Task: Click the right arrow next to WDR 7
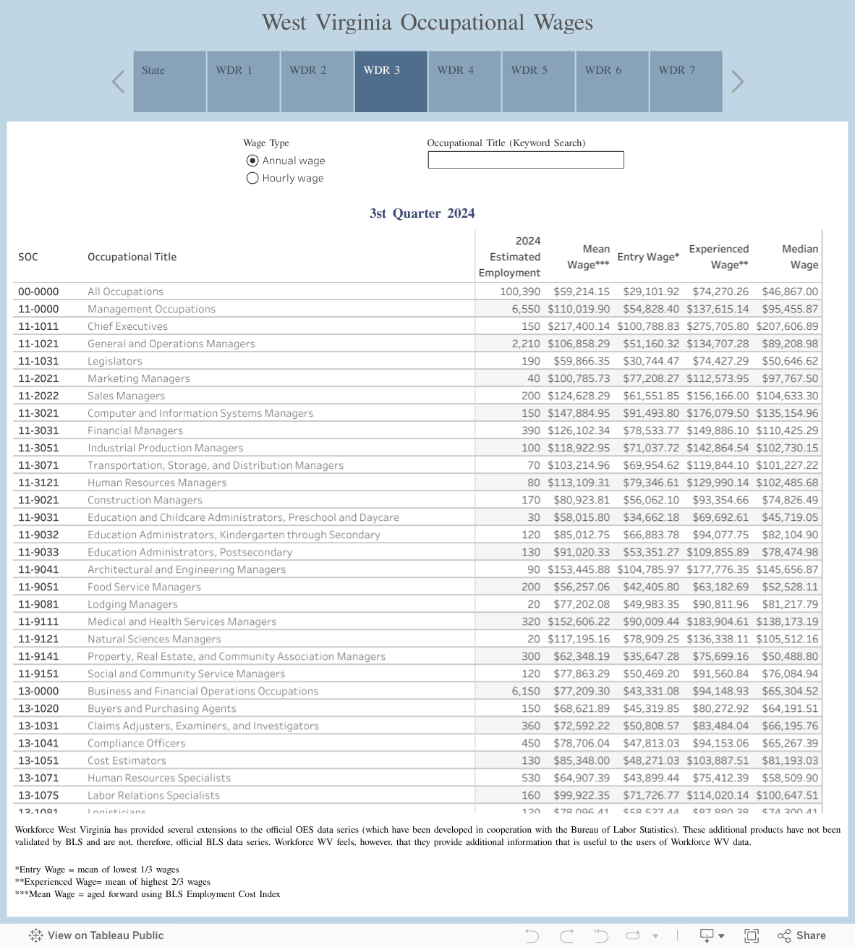[x=737, y=81]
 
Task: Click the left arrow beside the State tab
[x=119, y=81]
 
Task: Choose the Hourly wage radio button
[x=252, y=178]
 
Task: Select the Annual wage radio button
[x=252, y=161]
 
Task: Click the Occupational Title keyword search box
[x=525, y=160]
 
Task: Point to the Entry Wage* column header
[x=647, y=257]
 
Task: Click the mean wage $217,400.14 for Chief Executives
[x=579, y=326]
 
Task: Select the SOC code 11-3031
[x=38, y=430]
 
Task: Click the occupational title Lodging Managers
[x=132, y=604]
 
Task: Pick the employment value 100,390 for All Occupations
[x=519, y=292]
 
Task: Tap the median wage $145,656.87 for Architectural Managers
[x=787, y=569]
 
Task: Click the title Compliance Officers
[x=136, y=743]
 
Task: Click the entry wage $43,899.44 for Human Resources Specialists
[x=651, y=778]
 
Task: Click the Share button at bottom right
[x=801, y=935]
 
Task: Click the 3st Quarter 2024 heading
[x=422, y=213]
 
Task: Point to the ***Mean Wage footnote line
[x=148, y=894]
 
